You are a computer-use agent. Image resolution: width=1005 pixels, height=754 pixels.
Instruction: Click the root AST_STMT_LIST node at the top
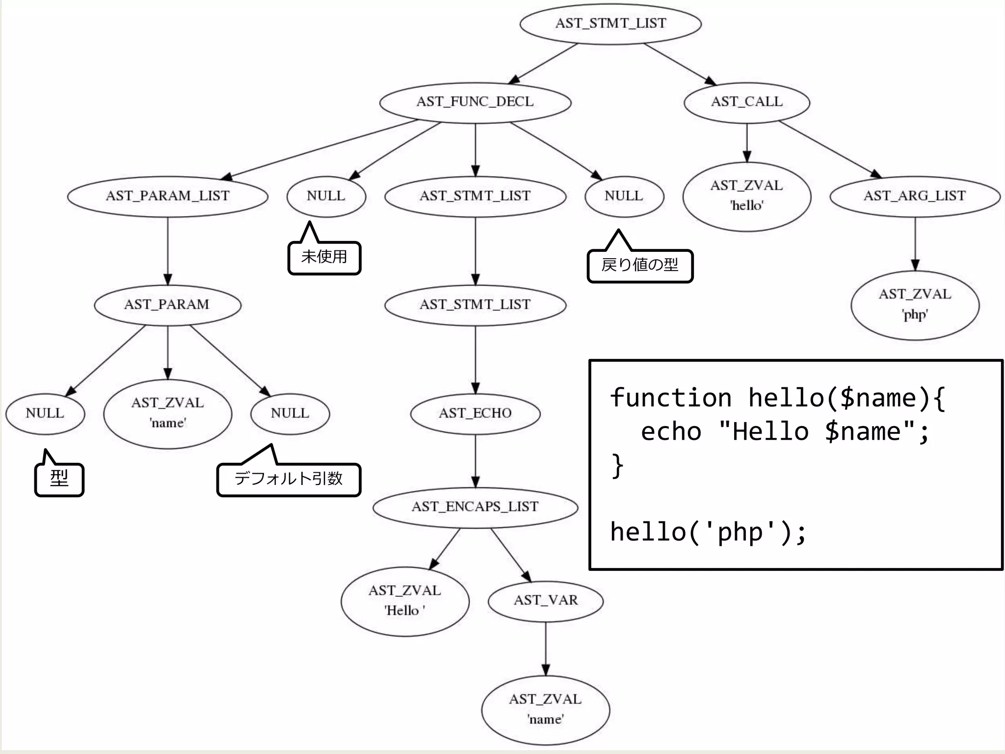610,24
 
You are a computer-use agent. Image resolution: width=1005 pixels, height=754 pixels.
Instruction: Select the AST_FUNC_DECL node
475,102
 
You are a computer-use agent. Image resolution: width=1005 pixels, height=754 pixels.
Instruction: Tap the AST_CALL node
746,102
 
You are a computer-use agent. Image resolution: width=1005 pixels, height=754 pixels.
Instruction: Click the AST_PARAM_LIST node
167,196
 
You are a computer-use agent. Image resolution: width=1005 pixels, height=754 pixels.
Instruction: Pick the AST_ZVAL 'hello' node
746,196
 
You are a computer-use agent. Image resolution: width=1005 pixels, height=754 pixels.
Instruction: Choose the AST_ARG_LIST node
915,196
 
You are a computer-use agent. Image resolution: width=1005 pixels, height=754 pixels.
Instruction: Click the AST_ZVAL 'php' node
915,305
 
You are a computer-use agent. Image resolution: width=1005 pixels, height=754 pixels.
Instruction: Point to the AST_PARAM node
167,305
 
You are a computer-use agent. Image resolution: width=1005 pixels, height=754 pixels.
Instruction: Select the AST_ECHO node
475,413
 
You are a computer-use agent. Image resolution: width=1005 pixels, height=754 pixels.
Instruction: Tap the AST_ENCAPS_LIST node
475,507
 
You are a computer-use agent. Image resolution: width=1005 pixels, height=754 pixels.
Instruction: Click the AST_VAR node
546,600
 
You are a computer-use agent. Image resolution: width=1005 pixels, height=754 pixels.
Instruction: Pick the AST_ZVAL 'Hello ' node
405,601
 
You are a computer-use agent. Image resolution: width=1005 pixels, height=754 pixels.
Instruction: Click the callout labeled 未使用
324,257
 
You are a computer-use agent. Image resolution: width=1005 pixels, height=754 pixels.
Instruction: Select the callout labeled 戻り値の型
640,266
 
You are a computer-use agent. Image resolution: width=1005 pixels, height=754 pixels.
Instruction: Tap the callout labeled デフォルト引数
289,479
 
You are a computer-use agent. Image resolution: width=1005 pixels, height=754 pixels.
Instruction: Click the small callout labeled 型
59,479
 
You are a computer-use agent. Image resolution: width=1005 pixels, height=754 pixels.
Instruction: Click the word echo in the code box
671,432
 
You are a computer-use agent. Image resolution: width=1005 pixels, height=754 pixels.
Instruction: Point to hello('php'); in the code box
708,532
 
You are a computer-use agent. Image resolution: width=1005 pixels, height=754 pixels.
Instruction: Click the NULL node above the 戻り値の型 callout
624,196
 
